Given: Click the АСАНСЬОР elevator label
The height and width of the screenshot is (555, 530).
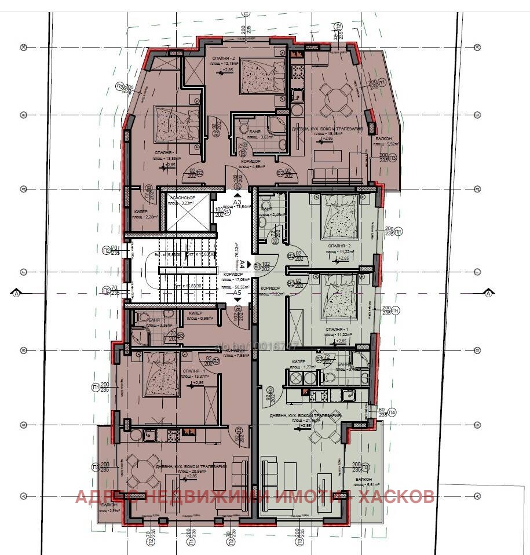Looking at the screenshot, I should tap(182, 199).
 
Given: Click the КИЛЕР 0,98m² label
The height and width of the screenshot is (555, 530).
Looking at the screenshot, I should tap(198, 317).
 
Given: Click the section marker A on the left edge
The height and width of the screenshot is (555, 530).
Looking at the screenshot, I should tap(16, 294).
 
